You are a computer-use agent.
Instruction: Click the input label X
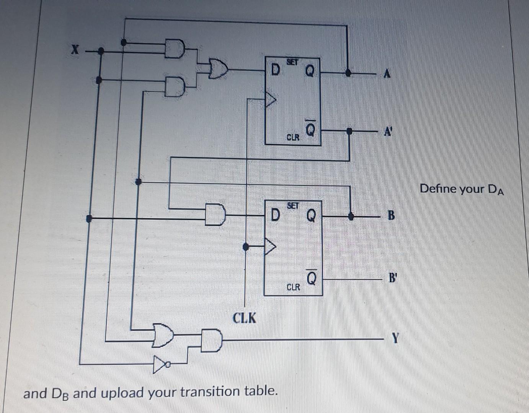click(x=76, y=49)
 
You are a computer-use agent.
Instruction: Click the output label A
click(x=387, y=75)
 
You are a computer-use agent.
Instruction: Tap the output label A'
click(x=388, y=132)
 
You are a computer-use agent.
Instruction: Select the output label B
click(x=391, y=216)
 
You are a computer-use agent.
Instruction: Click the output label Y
click(x=395, y=338)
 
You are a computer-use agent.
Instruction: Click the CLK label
click(x=245, y=317)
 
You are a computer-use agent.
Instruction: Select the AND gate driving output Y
click(x=212, y=339)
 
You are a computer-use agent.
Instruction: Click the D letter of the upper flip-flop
click(x=274, y=70)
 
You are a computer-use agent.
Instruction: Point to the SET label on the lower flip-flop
click(x=292, y=205)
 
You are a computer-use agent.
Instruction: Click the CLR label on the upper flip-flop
click(x=293, y=137)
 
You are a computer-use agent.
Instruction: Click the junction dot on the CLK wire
click(x=246, y=247)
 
